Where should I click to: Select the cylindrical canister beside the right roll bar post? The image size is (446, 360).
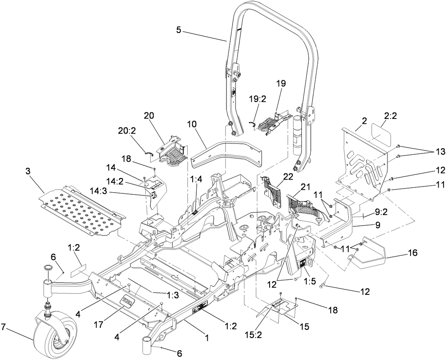click(297, 134)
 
